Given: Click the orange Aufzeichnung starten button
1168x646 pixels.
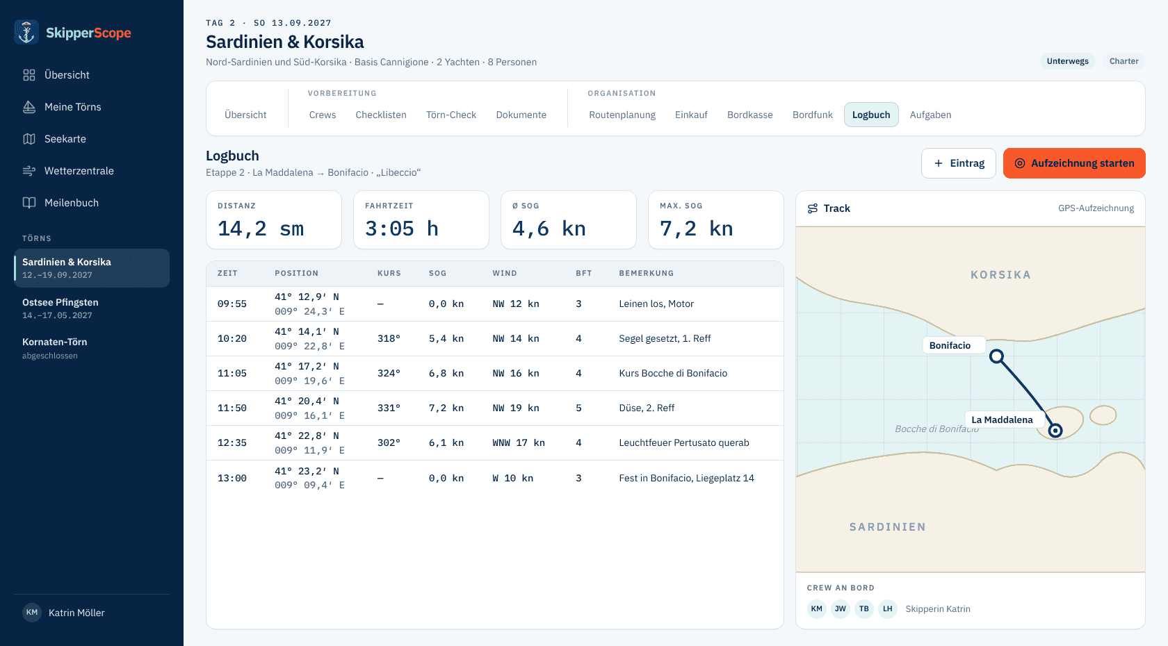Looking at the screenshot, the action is pyautogui.click(x=1074, y=163).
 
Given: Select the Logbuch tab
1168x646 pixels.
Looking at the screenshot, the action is pyautogui.click(x=870, y=115).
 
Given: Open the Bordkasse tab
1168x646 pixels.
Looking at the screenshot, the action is pyautogui.click(x=749, y=115).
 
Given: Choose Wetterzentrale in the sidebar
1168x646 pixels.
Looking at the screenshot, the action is pyautogui.click(x=79, y=171).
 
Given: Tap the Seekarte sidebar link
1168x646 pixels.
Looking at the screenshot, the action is pyautogui.click(x=65, y=139).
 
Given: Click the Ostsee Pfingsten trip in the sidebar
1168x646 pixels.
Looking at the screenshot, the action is pyautogui.click(x=60, y=308).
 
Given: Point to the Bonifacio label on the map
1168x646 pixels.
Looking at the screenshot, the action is pyautogui.click(x=950, y=345).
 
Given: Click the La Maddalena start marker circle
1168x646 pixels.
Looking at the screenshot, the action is pyautogui.click(x=1055, y=431).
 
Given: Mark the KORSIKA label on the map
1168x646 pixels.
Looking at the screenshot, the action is pyautogui.click(x=1000, y=274).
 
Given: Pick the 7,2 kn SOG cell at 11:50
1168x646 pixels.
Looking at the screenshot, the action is pyautogui.click(x=446, y=408).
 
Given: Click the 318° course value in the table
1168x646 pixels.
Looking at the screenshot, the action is pyautogui.click(x=389, y=339).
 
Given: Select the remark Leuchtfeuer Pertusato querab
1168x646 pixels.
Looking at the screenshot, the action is pyautogui.click(x=683, y=443).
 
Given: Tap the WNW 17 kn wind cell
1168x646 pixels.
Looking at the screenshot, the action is pyautogui.click(x=519, y=443).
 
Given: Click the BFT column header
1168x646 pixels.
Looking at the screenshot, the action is pyautogui.click(x=583, y=273).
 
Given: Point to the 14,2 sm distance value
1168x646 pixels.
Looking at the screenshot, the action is pyautogui.click(x=260, y=229).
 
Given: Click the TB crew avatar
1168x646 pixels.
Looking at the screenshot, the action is pyautogui.click(x=864, y=608).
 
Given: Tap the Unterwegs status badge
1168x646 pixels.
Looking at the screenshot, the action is pyautogui.click(x=1067, y=61).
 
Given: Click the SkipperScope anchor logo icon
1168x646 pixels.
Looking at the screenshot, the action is pyautogui.click(x=26, y=32).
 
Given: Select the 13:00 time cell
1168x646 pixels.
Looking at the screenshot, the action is pyautogui.click(x=232, y=478).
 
